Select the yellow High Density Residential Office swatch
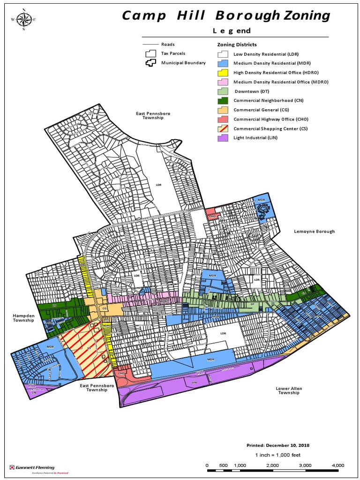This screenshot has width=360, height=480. pyautogui.click(x=222, y=72)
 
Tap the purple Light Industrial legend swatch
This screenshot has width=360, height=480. pyautogui.click(x=222, y=138)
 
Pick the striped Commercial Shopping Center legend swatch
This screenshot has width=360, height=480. pyautogui.click(x=222, y=128)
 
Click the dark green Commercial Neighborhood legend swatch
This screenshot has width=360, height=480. pyautogui.click(x=222, y=100)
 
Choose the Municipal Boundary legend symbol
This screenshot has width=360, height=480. pyautogui.click(x=150, y=63)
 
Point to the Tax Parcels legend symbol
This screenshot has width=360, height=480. pyautogui.click(x=150, y=53)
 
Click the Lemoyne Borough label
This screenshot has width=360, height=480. pyautogui.click(x=314, y=232)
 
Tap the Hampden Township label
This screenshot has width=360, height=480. pyautogui.click(x=24, y=318)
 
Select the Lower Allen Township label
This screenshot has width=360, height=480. pyautogui.click(x=288, y=390)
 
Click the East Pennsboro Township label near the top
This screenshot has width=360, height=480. pyautogui.click(x=149, y=115)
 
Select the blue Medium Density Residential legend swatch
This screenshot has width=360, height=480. pyautogui.click(x=222, y=63)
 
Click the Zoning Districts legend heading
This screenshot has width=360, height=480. pyautogui.click(x=237, y=45)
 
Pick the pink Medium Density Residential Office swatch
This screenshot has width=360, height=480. pyautogui.click(x=222, y=82)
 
